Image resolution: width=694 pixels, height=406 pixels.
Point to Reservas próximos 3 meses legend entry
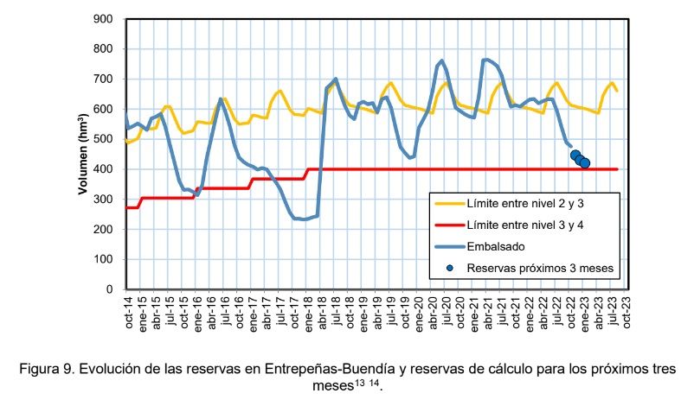point(540,268)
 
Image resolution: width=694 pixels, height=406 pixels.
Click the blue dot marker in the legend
point(450,268)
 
